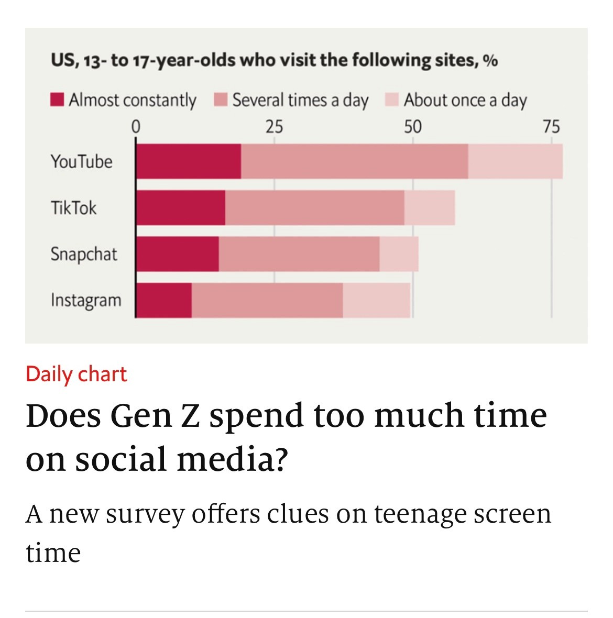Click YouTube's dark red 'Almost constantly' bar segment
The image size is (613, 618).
(x=189, y=161)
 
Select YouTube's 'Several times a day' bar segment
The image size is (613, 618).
(x=354, y=161)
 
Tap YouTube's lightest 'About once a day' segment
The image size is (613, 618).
(x=515, y=161)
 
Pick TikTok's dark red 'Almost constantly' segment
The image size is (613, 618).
(x=181, y=207)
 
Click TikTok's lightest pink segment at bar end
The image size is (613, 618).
(x=429, y=207)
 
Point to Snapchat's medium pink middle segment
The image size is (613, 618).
(x=299, y=254)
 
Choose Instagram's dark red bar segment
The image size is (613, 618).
(x=164, y=300)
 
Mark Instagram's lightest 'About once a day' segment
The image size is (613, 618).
(x=376, y=300)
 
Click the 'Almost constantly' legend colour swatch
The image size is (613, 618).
(x=57, y=100)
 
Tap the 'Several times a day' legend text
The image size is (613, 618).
(x=300, y=100)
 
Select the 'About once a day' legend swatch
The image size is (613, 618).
(x=392, y=100)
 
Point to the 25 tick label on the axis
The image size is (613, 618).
(x=273, y=127)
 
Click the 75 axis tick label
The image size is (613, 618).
(x=551, y=127)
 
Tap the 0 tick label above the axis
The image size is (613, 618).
(x=136, y=127)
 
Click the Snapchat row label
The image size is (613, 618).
(x=84, y=254)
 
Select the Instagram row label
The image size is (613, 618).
(x=86, y=300)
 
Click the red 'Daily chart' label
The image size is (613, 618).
(x=76, y=374)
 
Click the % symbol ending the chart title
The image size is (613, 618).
(x=490, y=61)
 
